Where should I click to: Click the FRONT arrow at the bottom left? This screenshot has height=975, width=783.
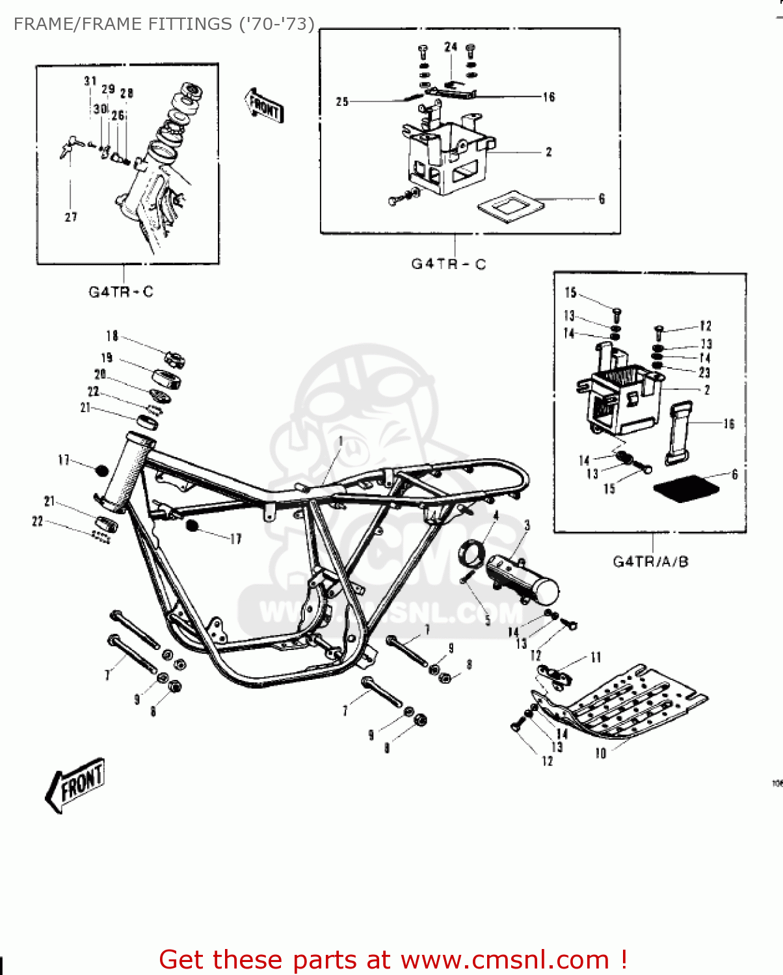tap(75, 785)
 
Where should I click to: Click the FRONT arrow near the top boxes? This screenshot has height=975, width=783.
tap(264, 106)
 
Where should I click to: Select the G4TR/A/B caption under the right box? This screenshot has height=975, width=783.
tap(650, 562)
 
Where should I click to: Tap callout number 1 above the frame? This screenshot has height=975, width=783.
tap(341, 442)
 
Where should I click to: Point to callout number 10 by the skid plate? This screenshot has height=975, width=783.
tap(600, 753)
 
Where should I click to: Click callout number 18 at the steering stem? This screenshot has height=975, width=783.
tap(112, 336)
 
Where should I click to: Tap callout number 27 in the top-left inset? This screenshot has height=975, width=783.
tap(71, 217)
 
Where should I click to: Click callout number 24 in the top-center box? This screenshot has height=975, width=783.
tap(451, 47)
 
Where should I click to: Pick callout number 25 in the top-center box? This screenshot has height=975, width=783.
tap(342, 101)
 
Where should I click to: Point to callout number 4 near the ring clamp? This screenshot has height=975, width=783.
tap(496, 516)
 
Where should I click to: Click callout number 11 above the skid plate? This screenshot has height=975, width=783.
tap(596, 658)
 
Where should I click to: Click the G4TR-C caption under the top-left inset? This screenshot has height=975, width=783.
tap(121, 292)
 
